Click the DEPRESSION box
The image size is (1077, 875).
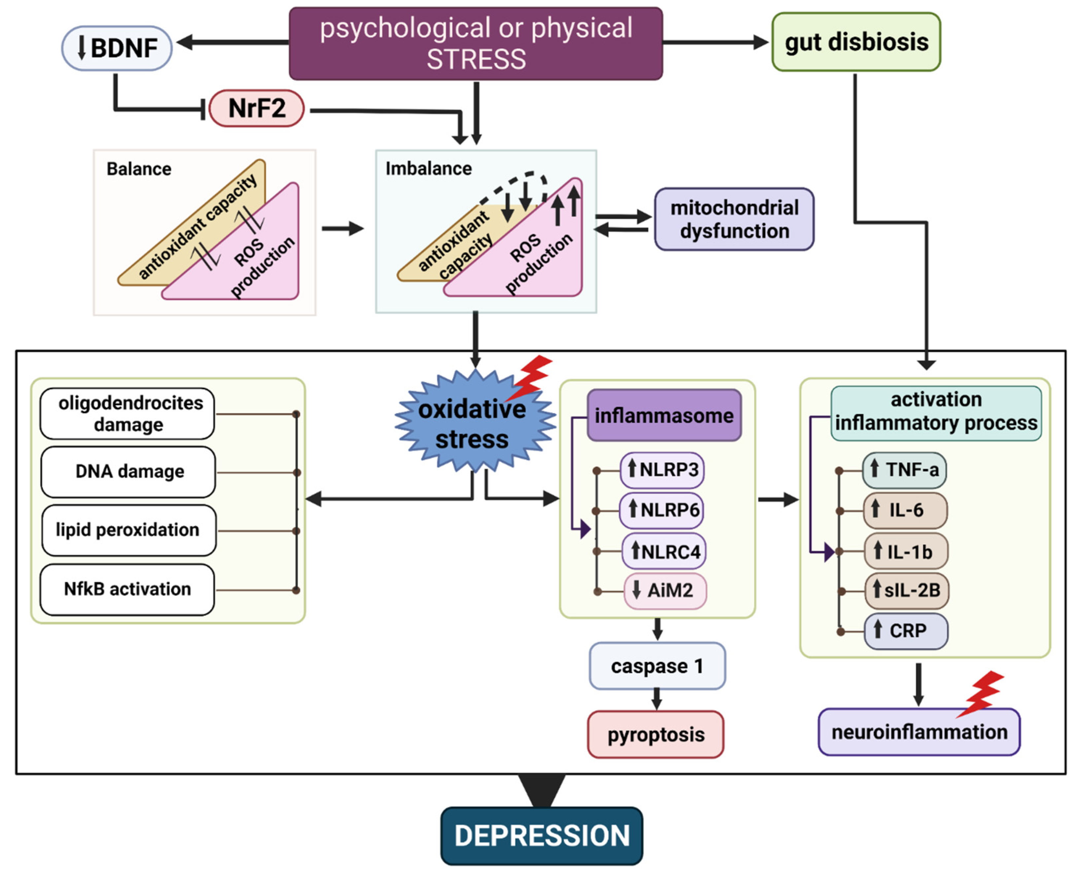(542, 836)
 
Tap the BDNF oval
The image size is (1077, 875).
(117, 49)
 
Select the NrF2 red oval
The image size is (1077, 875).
(256, 108)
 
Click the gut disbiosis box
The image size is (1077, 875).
(856, 42)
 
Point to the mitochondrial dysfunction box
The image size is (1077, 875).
(734, 219)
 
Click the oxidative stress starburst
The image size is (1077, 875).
(473, 423)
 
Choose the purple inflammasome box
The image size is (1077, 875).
(664, 416)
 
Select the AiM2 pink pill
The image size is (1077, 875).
(665, 590)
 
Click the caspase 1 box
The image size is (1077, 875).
(657, 666)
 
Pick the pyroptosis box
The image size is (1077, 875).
(656, 734)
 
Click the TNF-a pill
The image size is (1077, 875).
(904, 470)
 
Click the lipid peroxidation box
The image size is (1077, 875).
(128, 530)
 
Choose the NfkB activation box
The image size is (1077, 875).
(127, 589)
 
